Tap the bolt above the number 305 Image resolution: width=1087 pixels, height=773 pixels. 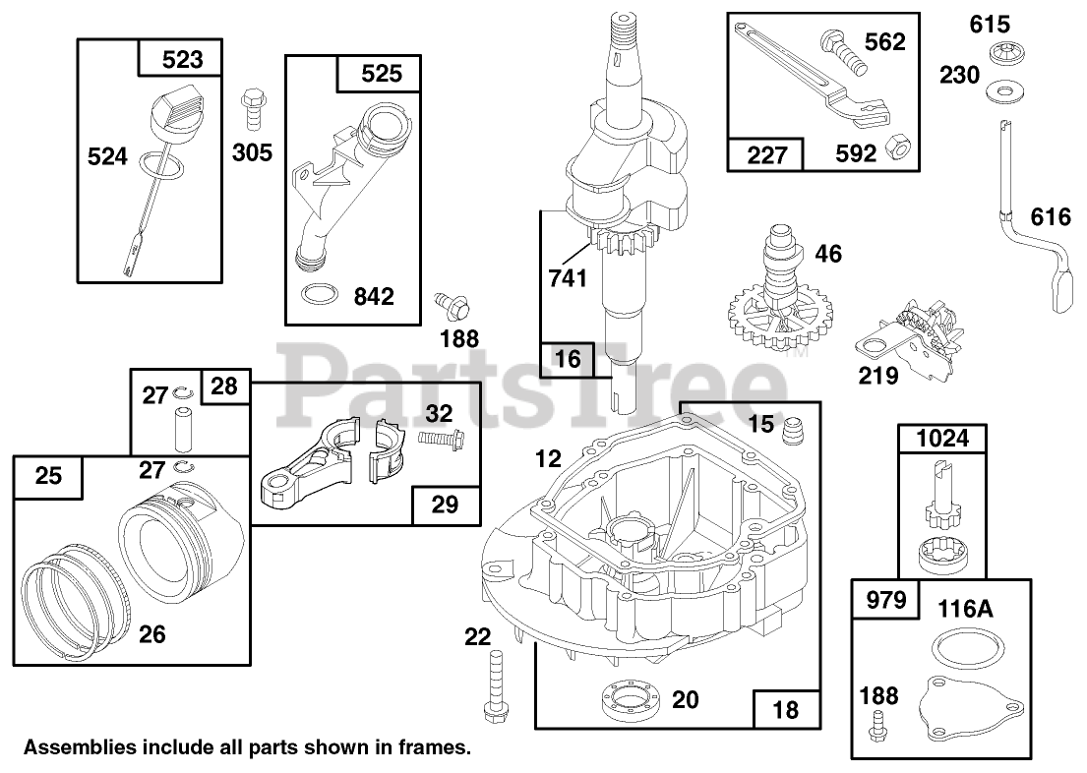click(250, 107)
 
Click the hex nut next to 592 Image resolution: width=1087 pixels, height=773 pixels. click(895, 147)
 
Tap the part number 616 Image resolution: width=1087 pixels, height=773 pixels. click(1050, 216)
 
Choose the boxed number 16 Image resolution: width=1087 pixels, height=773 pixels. click(568, 359)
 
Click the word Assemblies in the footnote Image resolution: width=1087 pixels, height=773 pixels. click(79, 748)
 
